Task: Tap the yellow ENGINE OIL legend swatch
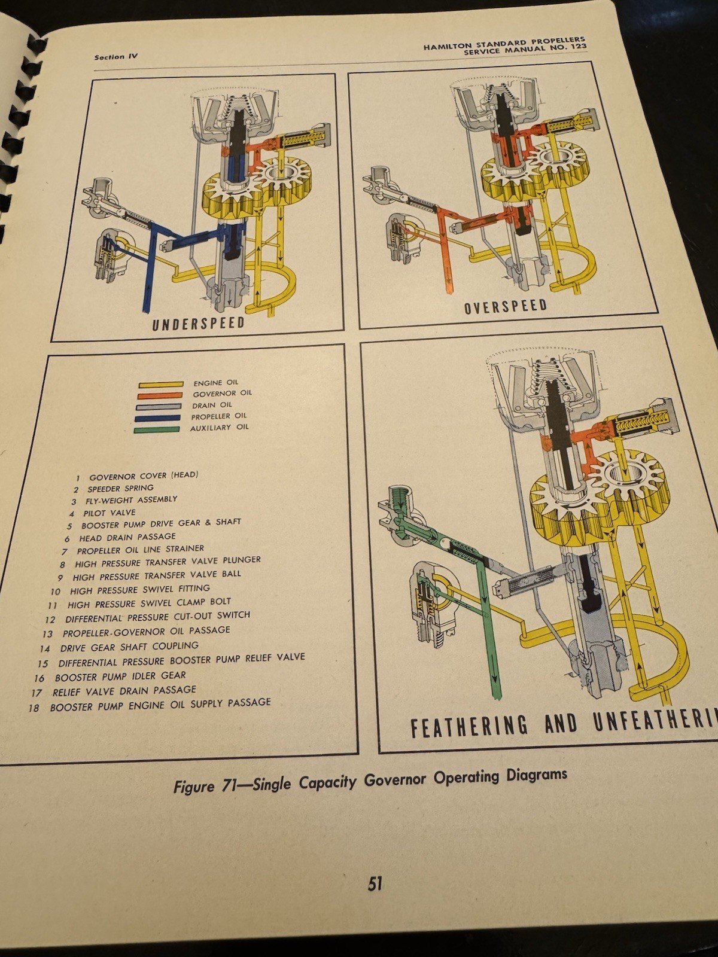tap(161, 385)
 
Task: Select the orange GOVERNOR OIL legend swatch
tap(160, 395)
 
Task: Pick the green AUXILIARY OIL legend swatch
tap(157, 429)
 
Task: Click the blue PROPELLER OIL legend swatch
tap(158, 418)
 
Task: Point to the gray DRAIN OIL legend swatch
tap(159, 407)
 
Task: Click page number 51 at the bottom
tap(375, 883)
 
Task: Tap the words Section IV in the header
tap(116, 57)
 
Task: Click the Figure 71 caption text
tap(370, 781)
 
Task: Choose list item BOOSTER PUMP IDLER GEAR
tap(120, 676)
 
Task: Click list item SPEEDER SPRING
tap(120, 488)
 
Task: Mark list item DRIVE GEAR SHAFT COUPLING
tap(129, 647)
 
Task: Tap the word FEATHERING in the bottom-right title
tap(469, 726)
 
